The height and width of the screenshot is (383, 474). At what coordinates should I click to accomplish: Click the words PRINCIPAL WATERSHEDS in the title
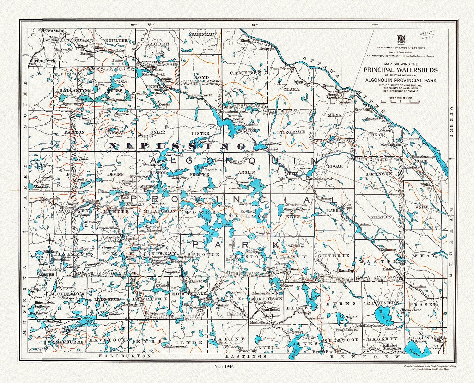coord(400,70)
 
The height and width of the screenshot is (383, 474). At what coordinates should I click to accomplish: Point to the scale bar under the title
coord(400,102)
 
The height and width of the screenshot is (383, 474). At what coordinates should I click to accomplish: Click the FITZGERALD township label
coord(291,132)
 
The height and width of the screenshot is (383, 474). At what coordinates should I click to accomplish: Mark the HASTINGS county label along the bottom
coord(246,356)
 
